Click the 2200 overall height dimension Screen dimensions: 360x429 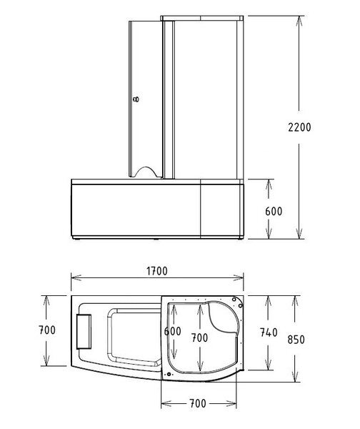click(x=299, y=127)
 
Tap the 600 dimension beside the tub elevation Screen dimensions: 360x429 click(x=274, y=211)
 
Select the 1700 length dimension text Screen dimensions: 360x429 click(x=157, y=271)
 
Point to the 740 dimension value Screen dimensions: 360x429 click(x=269, y=332)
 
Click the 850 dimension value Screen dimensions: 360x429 click(x=296, y=340)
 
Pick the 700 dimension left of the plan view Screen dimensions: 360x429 click(x=47, y=330)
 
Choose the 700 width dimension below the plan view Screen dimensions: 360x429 click(x=197, y=403)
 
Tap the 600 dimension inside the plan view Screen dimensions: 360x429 click(x=172, y=331)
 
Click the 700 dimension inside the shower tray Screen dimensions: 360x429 click(x=199, y=337)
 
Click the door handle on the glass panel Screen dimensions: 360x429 click(x=136, y=99)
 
